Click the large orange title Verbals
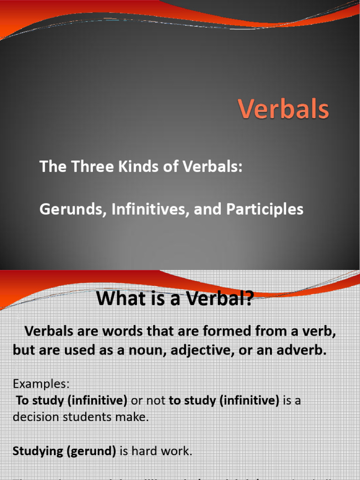pyautogui.click(x=284, y=110)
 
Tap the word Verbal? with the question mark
pyautogui.click(x=219, y=299)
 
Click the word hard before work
pyautogui.click(x=144, y=452)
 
